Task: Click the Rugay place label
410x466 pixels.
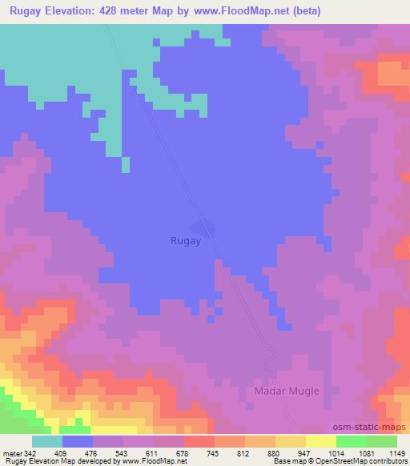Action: [186, 239]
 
